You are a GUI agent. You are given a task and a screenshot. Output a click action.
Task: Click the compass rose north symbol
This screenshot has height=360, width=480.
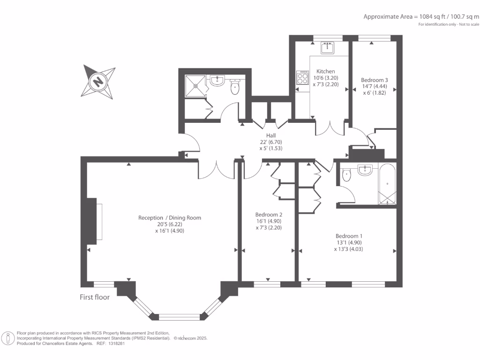[x=98, y=82]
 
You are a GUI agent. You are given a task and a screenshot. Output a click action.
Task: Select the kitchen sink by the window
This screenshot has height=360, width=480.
[x=327, y=48]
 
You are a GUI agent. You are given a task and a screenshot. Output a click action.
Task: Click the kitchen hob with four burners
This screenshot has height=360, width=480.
[x=300, y=78]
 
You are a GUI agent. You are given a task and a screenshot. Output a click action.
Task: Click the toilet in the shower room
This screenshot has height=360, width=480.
[x=236, y=87]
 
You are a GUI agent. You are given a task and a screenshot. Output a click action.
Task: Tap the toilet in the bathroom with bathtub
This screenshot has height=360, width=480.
[x=346, y=175]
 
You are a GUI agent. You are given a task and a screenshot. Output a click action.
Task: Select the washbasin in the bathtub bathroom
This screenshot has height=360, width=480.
[x=365, y=170]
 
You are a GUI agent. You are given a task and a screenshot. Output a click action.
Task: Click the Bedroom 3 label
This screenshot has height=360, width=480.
[x=375, y=80]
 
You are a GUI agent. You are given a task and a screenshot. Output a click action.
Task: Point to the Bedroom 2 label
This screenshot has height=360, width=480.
[x=268, y=214]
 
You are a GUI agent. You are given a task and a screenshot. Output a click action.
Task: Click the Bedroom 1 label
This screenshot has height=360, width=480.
[x=349, y=236]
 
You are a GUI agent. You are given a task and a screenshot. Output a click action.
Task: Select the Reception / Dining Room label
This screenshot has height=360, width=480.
[x=169, y=217]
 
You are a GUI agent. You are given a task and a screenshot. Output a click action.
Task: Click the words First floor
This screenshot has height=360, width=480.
[x=95, y=297]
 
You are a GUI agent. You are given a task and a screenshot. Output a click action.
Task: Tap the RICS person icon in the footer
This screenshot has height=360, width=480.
[x=8, y=338]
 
